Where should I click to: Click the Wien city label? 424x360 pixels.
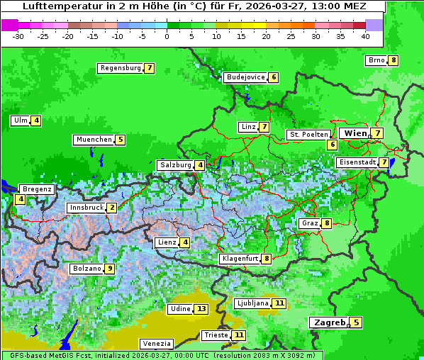(355, 133)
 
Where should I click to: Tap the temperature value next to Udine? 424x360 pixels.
(201, 309)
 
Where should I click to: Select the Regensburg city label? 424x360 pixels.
(120, 68)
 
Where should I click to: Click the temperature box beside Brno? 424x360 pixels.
(393, 60)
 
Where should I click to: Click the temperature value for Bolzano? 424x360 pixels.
(109, 269)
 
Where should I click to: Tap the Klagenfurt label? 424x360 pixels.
(240, 259)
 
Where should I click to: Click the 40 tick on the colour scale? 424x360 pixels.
(365, 36)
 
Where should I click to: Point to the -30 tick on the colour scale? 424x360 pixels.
(18, 36)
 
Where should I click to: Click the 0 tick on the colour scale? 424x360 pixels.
(167, 36)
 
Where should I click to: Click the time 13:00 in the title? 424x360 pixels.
(311, 6)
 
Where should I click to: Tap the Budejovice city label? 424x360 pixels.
(245, 77)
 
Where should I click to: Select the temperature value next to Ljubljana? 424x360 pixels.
(279, 303)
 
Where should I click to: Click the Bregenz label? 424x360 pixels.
(37, 189)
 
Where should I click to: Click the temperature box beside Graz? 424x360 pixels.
(326, 223)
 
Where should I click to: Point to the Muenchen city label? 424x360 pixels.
(94, 140)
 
